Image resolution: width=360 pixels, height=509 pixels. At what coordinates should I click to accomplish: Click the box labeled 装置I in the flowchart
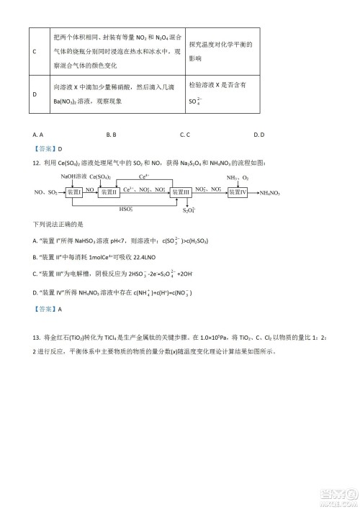(x=74, y=192)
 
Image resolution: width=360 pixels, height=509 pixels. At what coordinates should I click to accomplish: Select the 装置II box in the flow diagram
(x=110, y=192)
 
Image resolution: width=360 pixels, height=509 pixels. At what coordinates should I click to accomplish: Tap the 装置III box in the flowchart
(x=180, y=192)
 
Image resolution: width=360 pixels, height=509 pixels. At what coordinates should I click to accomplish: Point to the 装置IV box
(x=238, y=192)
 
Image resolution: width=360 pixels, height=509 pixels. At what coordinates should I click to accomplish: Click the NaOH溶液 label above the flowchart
(x=73, y=176)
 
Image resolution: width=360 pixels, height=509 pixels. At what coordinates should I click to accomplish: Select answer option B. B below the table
(x=111, y=134)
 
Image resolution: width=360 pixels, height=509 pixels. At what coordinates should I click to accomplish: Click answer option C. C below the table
(x=184, y=134)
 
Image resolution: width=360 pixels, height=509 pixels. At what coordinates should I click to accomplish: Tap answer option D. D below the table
(x=259, y=134)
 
